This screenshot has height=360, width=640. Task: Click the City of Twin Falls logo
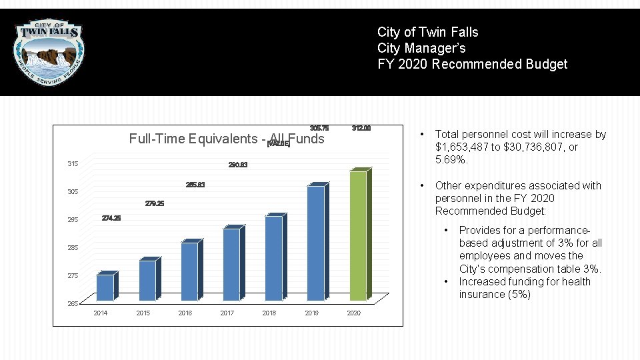(50, 51)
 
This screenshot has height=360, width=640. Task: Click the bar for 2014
(105, 287)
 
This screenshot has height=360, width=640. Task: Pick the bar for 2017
(231, 263)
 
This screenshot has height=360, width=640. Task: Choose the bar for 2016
(189, 271)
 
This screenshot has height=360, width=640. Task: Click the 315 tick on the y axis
(73, 164)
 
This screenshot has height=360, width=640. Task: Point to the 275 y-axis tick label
(73, 276)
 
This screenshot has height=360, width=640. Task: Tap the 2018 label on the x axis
(269, 313)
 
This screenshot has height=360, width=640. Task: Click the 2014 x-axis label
(101, 313)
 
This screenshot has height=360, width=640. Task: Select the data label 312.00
(361, 128)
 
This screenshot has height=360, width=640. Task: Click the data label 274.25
(111, 219)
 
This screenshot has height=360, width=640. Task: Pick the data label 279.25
(155, 203)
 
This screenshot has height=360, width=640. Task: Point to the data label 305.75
(319, 128)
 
